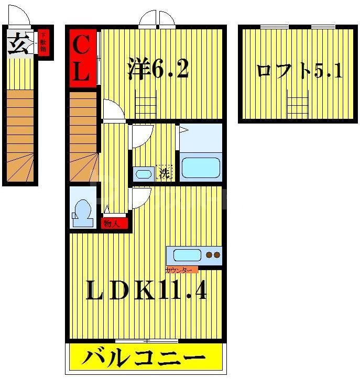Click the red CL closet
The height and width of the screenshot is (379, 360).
83,57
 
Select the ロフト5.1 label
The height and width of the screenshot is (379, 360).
299,71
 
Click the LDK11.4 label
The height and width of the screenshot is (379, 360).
146,292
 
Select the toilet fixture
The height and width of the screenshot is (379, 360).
83,212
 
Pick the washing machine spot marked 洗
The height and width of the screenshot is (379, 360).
164,173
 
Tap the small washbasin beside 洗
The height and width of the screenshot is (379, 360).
143,174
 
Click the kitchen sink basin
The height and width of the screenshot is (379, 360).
187,256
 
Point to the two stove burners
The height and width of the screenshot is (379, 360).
213,255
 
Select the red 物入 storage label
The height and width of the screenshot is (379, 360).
114,224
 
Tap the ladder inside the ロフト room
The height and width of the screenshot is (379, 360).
298,105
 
